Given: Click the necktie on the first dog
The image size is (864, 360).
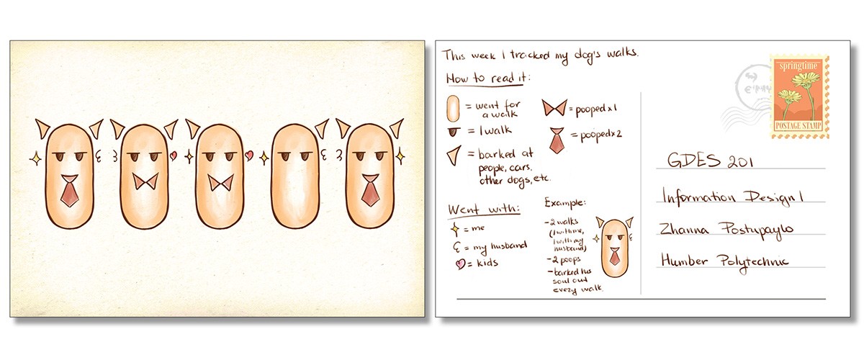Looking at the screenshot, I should tap(70, 192).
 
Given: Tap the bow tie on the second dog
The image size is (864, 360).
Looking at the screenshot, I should tap(147, 181).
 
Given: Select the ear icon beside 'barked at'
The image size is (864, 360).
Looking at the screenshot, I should tap(452, 155).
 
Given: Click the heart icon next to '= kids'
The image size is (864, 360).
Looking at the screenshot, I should tap(454, 263).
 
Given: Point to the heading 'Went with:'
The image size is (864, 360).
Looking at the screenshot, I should tap(473, 210).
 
